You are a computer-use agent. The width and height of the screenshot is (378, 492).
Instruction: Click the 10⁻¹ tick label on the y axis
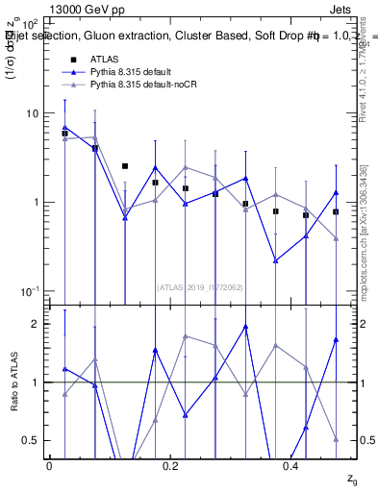tap(28, 291)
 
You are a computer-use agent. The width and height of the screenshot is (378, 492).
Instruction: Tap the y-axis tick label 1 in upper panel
tap(34, 203)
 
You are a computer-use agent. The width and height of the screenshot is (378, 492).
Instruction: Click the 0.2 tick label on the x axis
tap(170, 465)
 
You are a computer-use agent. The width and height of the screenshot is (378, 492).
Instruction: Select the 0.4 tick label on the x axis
tap(290, 465)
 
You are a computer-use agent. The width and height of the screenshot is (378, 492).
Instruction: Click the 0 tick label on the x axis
tap(49, 465)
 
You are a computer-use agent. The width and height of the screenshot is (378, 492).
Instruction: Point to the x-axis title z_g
tap(353, 479)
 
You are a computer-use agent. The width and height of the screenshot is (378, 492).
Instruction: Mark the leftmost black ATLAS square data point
tap(64, 134)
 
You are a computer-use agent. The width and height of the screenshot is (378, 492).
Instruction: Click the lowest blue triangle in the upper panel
tap(276, 260)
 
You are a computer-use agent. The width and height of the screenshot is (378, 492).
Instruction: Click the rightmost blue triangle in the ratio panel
tap(336, 339)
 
